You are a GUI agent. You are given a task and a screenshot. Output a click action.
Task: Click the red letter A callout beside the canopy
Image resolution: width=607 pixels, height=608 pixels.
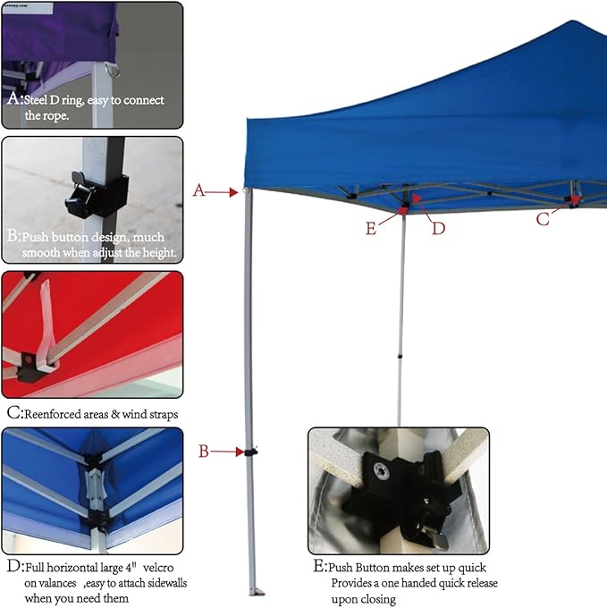coord(198,190)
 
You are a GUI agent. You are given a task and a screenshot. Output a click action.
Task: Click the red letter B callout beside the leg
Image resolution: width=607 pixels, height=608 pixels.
coord(204,452)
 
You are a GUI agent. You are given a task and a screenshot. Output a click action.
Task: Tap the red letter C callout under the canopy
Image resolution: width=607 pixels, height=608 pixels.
coord(543,219)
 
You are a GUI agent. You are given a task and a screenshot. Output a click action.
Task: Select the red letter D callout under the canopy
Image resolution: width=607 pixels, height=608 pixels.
coord(438,228)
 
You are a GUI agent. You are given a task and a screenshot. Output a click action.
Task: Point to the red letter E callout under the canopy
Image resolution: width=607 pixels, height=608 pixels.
coord(371,228)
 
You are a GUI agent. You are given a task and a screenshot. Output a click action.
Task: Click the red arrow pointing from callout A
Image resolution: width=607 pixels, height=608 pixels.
coord(222,192)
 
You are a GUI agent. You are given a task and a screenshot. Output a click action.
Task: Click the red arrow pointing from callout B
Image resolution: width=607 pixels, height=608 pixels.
coord(227,452)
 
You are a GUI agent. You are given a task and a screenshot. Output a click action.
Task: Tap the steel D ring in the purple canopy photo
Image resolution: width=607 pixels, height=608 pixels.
coord(113,71)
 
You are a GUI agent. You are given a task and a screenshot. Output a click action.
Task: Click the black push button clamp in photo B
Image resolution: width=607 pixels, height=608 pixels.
coord(97,195)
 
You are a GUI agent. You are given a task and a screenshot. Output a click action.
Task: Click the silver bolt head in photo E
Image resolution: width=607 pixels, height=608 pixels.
coord(381,471)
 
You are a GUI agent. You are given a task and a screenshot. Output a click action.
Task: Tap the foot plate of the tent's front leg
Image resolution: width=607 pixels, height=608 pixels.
coord(257,592)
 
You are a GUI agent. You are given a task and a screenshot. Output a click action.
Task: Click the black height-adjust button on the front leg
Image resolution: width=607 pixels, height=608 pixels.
coord(251,452)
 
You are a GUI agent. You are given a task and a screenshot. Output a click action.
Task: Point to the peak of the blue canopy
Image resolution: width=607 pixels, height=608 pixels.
coord(571,21)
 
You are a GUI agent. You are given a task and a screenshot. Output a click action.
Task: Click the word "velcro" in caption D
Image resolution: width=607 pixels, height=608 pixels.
coord(158,568)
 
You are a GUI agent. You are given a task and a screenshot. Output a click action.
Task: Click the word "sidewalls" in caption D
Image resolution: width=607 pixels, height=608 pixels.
coord(164,583)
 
